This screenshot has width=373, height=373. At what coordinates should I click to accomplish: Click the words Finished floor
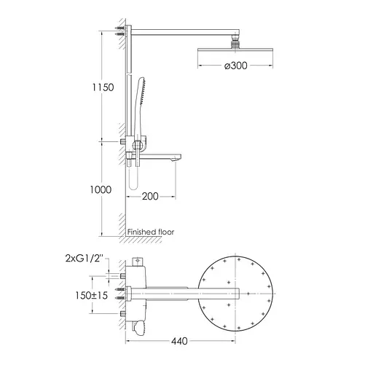[151, 232]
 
